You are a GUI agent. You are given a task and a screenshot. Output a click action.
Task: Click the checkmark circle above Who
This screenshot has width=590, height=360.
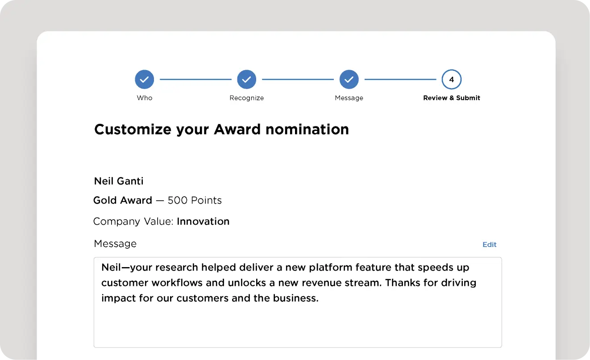(144, 80)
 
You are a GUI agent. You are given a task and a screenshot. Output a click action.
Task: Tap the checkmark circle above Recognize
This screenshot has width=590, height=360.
(246, 80)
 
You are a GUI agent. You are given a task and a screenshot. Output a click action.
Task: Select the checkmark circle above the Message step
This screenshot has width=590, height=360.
(349, 80)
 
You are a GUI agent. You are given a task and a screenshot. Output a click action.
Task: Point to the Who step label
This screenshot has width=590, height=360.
(144, 98)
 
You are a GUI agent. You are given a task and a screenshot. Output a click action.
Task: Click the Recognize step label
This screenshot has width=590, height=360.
(246, 98)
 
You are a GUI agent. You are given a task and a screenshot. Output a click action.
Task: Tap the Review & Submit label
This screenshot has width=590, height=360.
(452, 98)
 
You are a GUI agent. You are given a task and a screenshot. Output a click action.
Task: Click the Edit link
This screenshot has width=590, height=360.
(490, 245)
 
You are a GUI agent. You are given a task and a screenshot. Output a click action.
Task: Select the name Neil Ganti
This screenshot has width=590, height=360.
(119, 181)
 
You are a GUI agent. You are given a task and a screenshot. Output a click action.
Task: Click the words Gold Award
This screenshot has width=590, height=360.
(123, 200)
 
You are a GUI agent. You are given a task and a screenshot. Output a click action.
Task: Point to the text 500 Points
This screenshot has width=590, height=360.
(195, 200)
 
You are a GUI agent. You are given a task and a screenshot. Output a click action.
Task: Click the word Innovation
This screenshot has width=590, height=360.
(203, 222)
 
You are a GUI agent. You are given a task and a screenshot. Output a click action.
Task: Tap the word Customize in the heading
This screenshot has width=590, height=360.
(133, 130)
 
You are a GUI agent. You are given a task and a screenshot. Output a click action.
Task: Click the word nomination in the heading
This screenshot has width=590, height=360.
(307, 130)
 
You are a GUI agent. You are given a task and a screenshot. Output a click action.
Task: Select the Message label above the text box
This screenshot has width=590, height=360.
(115, 243)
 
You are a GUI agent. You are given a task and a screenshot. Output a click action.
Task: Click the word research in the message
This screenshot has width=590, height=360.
(176, 267)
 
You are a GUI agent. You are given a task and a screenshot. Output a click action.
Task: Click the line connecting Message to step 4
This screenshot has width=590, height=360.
(400, 80)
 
